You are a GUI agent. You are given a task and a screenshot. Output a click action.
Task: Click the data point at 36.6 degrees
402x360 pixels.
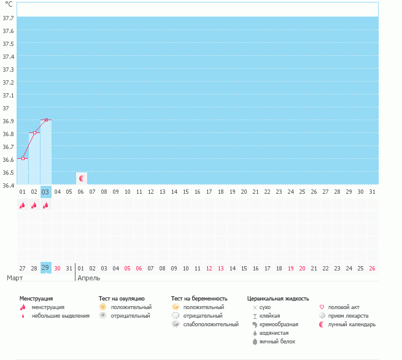coord(23,159)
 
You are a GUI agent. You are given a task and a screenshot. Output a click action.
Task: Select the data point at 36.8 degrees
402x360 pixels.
coord(34,133)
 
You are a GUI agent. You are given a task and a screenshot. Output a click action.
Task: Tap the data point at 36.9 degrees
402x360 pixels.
coord(46,120)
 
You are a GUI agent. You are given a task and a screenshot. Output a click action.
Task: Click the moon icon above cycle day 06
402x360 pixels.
coord(81,178)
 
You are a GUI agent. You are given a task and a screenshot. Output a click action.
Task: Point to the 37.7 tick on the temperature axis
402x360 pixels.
coord(9,18)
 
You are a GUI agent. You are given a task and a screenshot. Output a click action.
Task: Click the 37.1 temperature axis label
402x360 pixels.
coord(9,96)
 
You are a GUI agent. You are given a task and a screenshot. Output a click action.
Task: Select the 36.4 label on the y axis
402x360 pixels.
coord(9,185)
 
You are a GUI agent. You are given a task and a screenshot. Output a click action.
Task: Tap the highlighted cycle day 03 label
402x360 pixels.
coord(45,192)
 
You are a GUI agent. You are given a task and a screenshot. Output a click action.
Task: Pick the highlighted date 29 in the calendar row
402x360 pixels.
coord(45,268)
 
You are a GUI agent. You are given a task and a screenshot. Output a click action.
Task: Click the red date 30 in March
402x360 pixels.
coord(57,268)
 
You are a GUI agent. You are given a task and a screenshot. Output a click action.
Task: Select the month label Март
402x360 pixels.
coord(15,278)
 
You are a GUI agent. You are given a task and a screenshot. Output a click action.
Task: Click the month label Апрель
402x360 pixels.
coord(88,278)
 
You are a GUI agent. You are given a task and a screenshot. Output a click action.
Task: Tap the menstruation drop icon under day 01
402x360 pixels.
coord(22,205)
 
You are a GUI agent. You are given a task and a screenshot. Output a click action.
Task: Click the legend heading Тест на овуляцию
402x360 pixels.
coord(122,298)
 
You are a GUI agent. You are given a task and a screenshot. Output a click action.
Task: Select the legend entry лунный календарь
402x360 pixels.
coord(352,324)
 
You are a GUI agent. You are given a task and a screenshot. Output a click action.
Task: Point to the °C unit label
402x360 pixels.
coord(9,4)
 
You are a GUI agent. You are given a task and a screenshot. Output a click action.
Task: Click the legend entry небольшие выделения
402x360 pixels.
coord(60,316)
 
